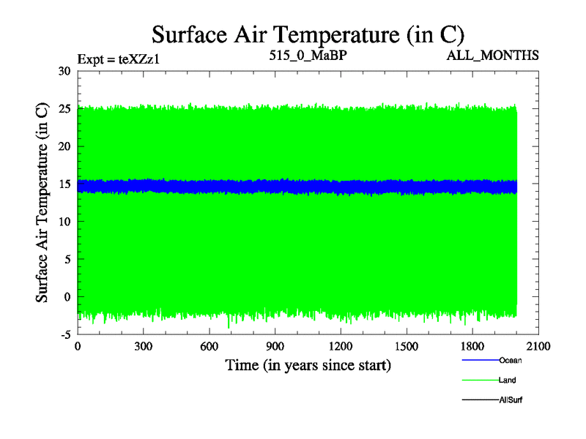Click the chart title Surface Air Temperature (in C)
click(308, 34)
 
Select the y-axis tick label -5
click(64, 334)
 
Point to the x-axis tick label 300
click(144, 347)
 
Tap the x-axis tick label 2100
click(538, 347)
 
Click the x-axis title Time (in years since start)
click(308, 365)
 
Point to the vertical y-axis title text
click(42, 202)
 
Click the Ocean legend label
click(511, 360)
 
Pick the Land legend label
click(508, 380)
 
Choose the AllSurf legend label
click(511, 400)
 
